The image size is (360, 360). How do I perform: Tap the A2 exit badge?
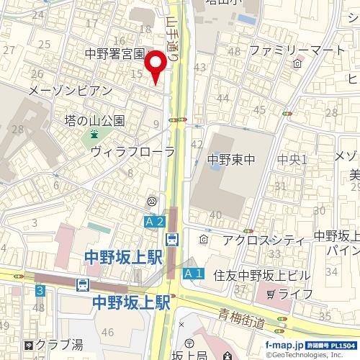156,222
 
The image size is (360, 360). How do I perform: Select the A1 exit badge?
192,274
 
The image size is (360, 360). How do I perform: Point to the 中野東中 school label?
228,159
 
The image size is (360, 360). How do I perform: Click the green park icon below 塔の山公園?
94,134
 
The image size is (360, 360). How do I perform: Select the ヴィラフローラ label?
132,151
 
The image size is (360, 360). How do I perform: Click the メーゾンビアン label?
69,91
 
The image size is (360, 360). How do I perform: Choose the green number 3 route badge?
40,290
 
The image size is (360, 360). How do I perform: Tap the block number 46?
109,332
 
